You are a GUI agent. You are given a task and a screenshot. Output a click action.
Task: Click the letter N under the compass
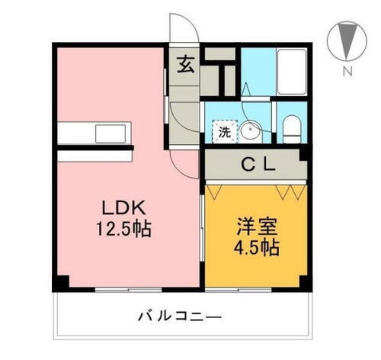(346, 72)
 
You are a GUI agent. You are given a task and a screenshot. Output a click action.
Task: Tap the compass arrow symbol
(346, 40)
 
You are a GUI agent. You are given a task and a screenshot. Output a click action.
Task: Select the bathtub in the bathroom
(290, 71)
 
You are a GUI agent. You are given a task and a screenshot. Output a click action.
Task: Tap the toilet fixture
(291, 130)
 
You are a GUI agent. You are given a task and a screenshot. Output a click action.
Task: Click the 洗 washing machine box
(224, 131)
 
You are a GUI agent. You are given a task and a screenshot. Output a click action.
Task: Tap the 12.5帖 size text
(123, 228)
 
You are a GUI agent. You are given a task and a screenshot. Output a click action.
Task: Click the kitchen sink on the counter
(107, 133)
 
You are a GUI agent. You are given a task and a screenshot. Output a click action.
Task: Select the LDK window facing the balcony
(127, 289)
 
